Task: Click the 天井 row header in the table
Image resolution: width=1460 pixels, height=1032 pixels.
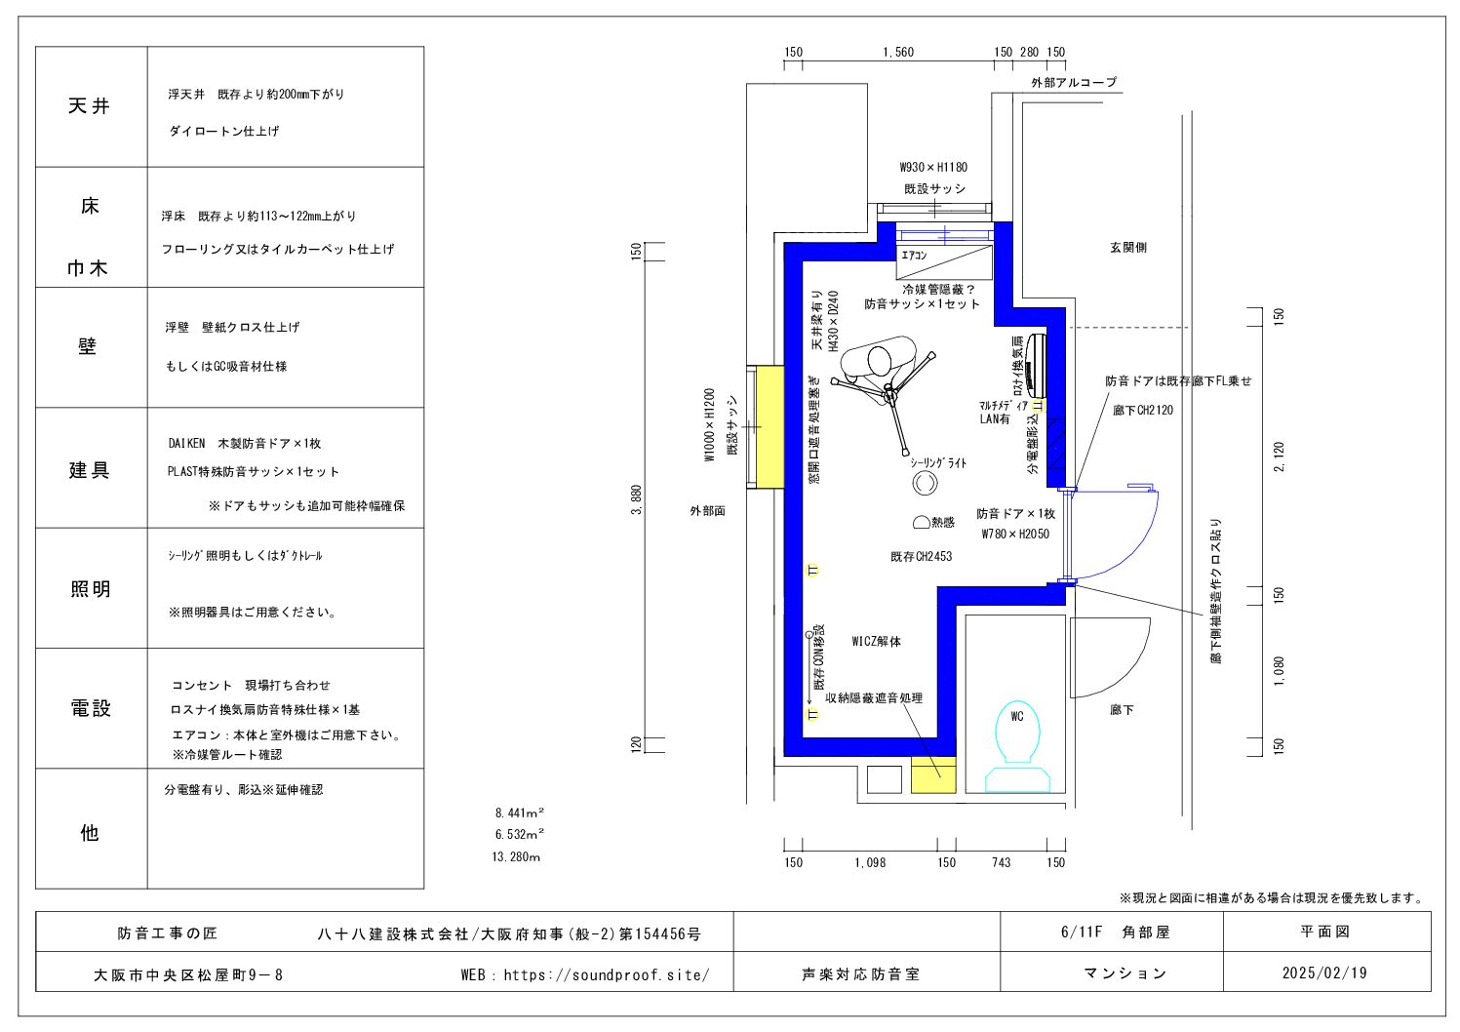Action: coord(90,106)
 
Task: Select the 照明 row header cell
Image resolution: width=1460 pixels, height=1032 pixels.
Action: coord(91,589)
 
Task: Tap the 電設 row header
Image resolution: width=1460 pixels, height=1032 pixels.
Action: coord(91,708)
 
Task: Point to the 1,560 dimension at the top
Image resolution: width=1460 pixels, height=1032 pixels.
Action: coord(898,52)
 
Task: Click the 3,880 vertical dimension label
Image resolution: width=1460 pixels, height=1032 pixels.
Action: coord(637,499)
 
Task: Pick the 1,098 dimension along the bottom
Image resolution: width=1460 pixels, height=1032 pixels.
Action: coord(870,862)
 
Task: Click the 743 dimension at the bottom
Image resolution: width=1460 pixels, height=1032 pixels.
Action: coord(1002,862)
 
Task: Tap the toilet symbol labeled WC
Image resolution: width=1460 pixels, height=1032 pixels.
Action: coord(1017,746)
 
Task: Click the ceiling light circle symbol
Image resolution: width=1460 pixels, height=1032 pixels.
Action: coord(925,483)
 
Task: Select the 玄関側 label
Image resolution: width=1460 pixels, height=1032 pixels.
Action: coord(1128,247)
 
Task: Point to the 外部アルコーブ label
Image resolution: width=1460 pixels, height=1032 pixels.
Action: coord(1074,83)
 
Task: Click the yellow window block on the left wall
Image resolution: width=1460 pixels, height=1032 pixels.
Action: coord(769,427)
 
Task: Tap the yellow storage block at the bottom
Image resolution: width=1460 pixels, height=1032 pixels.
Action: coord(933,774)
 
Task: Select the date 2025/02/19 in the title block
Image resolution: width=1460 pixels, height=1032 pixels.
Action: coord(1324,972)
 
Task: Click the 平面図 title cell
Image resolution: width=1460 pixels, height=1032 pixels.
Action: coord(1325,932)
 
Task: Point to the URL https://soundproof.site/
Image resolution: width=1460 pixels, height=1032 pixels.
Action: coord(607,974)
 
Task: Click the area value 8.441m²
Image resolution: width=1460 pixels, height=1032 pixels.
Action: coord(520,813)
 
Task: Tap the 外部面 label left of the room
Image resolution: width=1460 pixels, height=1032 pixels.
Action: coord(708,511)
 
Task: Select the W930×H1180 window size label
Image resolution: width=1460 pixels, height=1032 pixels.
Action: coord(934,168)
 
